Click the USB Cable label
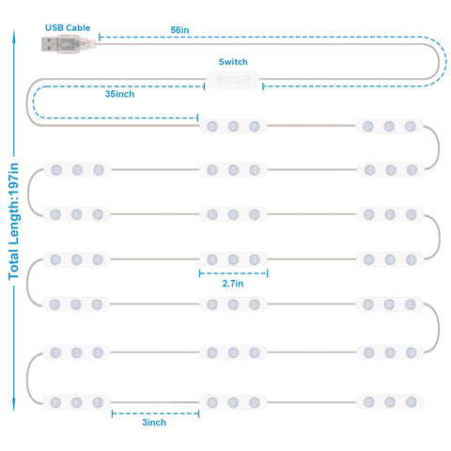[68, 28]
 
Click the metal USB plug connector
[50, 44]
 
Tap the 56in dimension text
[179, 30]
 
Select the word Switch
[233, 62]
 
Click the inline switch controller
[233, 79]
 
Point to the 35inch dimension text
[119, 94]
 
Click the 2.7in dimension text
[233, 284]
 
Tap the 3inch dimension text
[154, 423]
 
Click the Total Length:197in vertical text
[14, 222]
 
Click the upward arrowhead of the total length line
[14, 35]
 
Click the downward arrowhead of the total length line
[14, 405]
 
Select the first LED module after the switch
[233, 127]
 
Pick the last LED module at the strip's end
[390, 402]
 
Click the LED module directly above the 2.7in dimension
[233, 259]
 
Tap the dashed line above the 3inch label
[155, 413]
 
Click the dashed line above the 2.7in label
[233, 273]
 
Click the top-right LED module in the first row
[389, 127]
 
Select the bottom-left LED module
[76, 402]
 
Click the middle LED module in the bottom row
[233, 402]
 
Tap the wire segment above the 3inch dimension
[155, 402]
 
